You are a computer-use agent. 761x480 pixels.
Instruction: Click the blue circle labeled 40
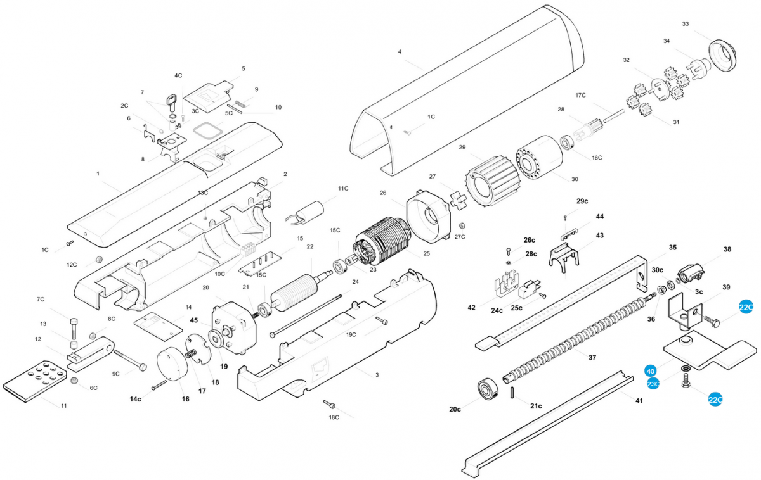pyautogui.click(x=650, y=371)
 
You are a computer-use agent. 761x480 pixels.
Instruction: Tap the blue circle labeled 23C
pyautogui.click(x=653, y=384)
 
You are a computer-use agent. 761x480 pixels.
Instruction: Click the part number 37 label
pyautogui.click(x=592, y=358)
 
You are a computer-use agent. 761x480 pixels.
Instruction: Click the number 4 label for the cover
pyautogui.click(x=400, y=51)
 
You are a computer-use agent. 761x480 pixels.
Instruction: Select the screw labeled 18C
pyautogui.click(x=328, y=403)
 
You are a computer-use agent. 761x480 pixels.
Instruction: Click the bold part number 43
pyautogui.click(x=599, y=235)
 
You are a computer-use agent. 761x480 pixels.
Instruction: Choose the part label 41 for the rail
pyautogui.click(x=639, y=401)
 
